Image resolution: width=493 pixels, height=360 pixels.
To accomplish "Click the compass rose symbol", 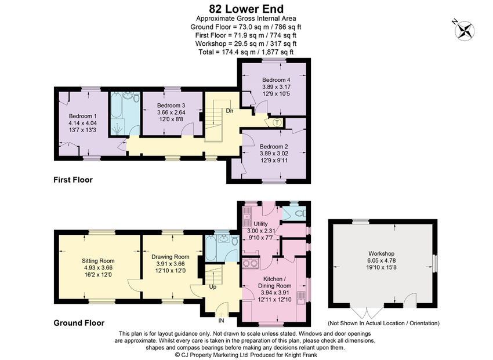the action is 465,31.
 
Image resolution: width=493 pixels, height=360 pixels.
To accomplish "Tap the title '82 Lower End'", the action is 246,9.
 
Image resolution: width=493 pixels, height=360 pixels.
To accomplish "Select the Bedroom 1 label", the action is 81,116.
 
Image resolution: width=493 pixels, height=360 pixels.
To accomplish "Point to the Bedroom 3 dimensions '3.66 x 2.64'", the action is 171,112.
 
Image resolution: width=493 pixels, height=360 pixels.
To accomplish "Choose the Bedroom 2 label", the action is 274,147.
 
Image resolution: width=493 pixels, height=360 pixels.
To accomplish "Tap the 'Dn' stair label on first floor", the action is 230,111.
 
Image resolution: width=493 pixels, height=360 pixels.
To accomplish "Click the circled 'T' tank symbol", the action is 277,122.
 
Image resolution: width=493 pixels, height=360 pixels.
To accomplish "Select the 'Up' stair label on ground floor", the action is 213,287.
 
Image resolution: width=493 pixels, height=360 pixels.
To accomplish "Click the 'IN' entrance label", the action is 222,321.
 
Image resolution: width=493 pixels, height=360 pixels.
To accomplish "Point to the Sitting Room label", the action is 98,261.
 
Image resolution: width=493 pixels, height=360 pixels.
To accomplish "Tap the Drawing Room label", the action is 171,257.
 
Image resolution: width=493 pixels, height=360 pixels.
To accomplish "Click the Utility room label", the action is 260,224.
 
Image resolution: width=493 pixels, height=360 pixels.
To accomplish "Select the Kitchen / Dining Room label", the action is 274,282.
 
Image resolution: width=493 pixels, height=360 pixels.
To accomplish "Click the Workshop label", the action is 382,253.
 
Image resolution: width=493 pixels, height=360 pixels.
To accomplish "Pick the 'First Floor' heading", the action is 73,180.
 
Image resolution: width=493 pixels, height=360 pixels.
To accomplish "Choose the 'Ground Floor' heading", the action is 79,323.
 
